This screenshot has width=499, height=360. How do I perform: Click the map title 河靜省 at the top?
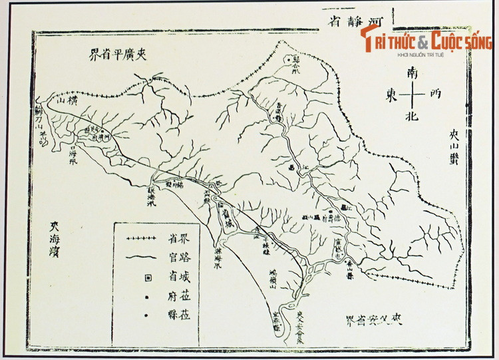coord(358,19)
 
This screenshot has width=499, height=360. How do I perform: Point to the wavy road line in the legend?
coord(144,257)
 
